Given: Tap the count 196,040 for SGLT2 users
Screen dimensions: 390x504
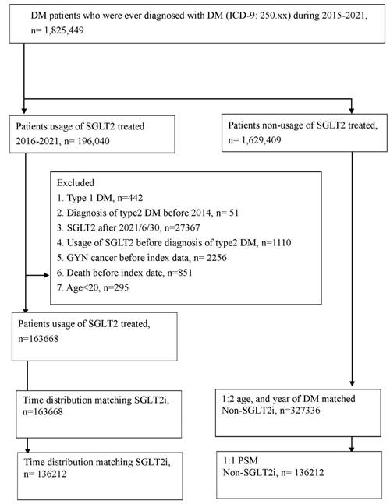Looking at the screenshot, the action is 94,141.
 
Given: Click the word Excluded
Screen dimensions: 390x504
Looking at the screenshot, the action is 76,183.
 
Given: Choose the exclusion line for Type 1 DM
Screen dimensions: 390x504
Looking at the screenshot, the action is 100,198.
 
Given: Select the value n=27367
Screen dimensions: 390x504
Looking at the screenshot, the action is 182,228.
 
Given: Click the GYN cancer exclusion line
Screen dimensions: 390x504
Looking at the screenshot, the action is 142,258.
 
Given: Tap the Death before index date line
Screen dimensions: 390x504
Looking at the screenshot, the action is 125,273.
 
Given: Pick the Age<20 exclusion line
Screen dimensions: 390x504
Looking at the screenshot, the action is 93,287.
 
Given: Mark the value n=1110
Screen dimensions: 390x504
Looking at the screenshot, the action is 276,243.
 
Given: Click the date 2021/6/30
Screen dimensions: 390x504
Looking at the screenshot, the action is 140,228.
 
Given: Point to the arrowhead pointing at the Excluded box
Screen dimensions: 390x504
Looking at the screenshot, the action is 46,275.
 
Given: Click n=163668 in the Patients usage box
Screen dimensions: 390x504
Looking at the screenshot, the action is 38,339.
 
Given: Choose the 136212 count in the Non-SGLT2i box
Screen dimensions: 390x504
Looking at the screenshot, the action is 307,473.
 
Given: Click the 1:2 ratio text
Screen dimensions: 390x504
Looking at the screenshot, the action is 228,399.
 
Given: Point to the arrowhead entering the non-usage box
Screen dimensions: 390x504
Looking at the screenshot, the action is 352,111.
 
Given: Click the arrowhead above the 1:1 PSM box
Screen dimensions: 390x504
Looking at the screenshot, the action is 352,449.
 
